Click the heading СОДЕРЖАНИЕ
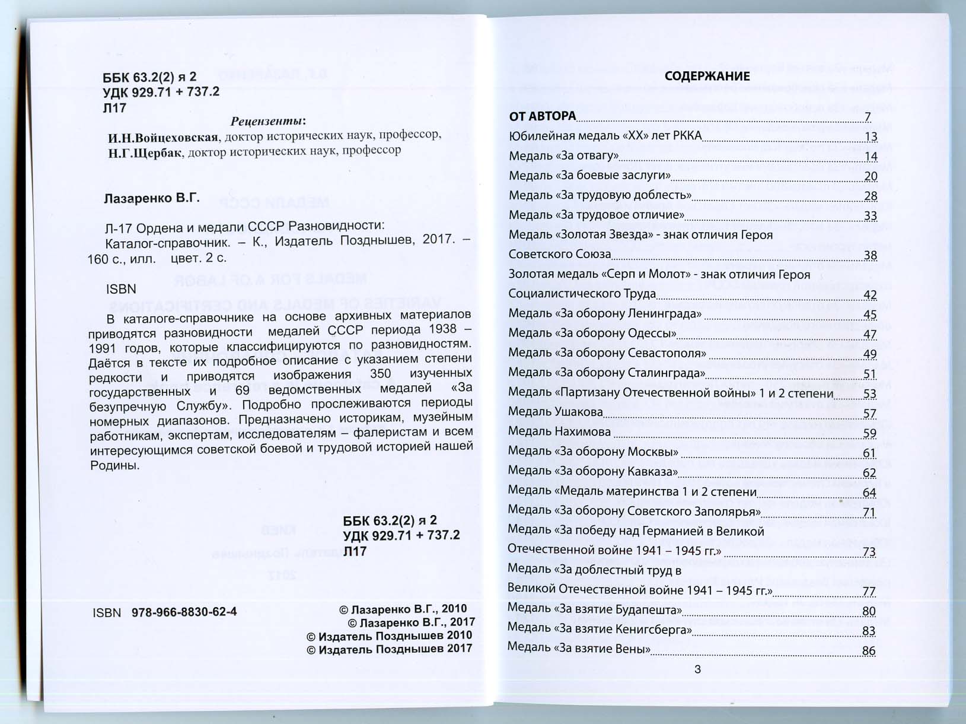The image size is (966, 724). pyautogui.click(x=707, y=77)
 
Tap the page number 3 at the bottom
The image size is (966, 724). pyautogui.click(x=697, y=669)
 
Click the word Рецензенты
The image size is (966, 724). pyautogui.click(x=267, y=121)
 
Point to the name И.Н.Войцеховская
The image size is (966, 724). pyautogui.click(x=162, y=138)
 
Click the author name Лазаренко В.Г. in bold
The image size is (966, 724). pyautogui.click(x=151, y=198)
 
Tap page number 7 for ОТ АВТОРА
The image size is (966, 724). pyautogui.click(x=867, y=117)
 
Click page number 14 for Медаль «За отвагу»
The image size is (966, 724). pyautogui.click(x=870, y=157)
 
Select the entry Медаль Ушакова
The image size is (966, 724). pyautogui.click(x=555, y=412)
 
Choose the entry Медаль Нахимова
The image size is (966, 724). pyautogui.click(x=559, y=431)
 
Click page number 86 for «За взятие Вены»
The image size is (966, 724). pyautogui.click(x=868, y=651)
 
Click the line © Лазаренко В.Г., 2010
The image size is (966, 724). pyautogui.click(x=403, y=609)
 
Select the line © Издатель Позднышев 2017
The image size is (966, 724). pyautogui.click(x=389, y=649)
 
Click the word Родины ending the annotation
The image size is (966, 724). pyautogui.click(x=114, y=466)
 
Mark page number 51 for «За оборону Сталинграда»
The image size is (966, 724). pyautogui.click(x=869, y=374)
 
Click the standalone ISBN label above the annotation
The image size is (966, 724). pyautogui.click(x=121, y=289)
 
